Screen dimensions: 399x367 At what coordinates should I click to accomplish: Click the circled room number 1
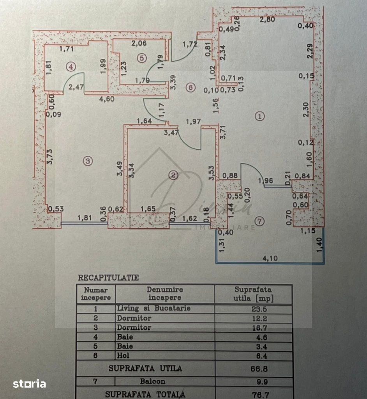pyautogui.click(x=259, y=116)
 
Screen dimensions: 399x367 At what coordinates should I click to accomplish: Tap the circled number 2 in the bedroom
pyautogui.click(x=173, y=175)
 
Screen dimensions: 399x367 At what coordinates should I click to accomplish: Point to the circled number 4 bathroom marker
pyautogui.click(x=70, y=67)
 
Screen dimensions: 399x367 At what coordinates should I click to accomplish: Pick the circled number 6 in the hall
pyautogui.click(x=190, y=88)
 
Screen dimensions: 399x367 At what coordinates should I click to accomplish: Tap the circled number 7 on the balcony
pyautogui.click(x=260, y=221)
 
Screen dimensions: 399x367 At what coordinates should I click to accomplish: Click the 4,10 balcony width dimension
pyautogui.click(x=268, y=258)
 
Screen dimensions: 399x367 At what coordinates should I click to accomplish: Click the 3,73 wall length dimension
pyautogui.click(x=49, y=156)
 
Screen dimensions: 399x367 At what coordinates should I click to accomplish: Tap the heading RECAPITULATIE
pyautogui.click(x=108, y=278)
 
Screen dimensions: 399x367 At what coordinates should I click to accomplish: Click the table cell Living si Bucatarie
pyautogui.click(x=154, y=308)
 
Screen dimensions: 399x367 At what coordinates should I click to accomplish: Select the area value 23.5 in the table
pyautogui.click(x=253, y=309)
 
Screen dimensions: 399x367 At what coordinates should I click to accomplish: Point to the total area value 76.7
pyautogui.click(x=253, y=394)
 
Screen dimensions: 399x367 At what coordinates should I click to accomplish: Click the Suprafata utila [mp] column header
pyautogui.click(x=253, y=294)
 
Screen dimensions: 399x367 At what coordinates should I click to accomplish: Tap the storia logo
pyautogui.click(x=29, y=384)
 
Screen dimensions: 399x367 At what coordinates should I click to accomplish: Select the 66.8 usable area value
pyautogui.click(x=253, y=368)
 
